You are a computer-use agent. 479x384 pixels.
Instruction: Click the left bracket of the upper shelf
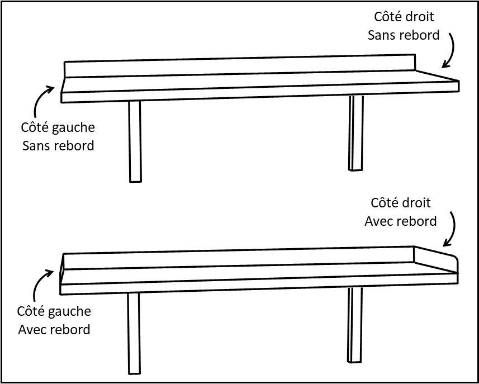135,141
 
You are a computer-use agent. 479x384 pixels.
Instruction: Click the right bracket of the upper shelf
356,133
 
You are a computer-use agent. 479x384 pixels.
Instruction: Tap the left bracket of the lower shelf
134,333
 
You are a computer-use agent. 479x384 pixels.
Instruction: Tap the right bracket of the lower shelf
355,325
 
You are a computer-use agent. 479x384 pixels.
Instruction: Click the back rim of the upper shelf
240,66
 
